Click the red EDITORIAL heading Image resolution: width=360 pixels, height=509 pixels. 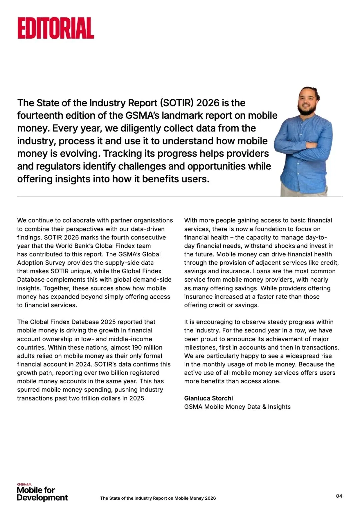[x=56, y=28]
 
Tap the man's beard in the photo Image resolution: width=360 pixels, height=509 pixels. [x=307, y=110]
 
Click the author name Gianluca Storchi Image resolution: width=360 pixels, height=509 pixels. [x=208, y=398]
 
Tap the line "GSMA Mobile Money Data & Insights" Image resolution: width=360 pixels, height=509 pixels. [x=237, y=407]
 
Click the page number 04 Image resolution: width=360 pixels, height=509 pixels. [x=339, y=496]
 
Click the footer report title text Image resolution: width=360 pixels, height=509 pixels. [x=158, y=498]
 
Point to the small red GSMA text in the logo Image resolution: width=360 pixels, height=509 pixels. [x=24, y=484]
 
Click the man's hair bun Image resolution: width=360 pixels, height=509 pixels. [x=315, y=90]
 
